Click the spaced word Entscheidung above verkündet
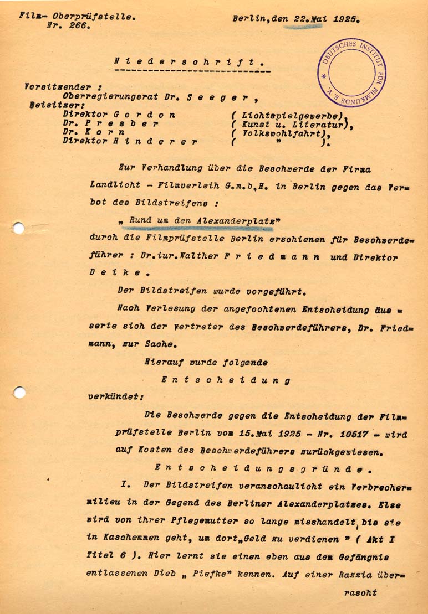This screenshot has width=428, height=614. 226,380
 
